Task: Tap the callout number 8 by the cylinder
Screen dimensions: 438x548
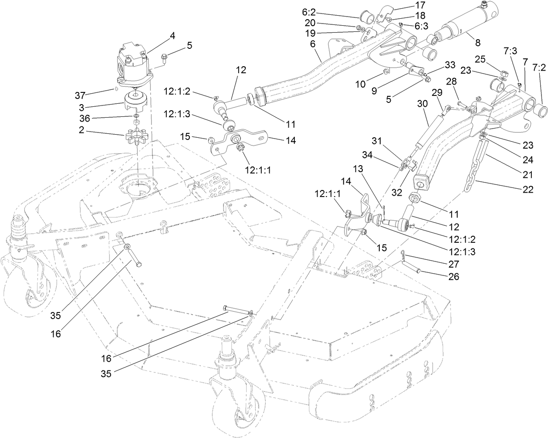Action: pos(478,43)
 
